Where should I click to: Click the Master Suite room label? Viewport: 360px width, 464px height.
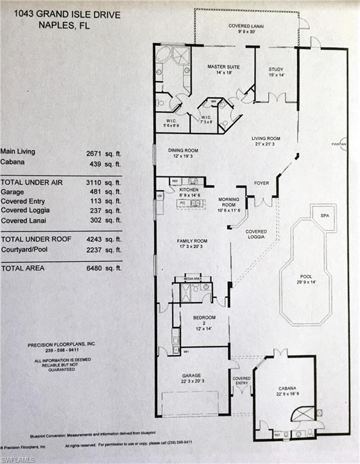tap(220, 66)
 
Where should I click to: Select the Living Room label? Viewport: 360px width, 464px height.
tap(267, 138)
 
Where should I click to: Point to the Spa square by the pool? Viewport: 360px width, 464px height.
tap(324, 215)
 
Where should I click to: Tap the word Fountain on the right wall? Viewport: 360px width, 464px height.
tap(339, 144)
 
